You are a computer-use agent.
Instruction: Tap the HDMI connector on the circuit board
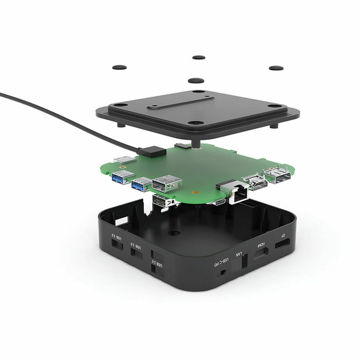point(256,182)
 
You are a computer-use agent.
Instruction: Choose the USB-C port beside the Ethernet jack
point(220,202)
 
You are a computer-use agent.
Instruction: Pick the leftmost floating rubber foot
point(119,67)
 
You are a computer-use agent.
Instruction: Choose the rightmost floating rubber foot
point(276,67)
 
